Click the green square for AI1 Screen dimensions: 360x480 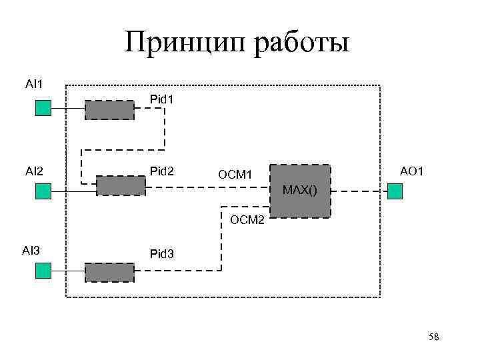(x=43, y=108)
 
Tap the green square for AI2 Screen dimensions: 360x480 (x=43, y=191)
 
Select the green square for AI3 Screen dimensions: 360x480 (x=43, y=270)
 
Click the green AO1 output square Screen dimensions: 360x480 (x=395, y=191)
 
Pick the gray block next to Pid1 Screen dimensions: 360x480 (x=109, y=109)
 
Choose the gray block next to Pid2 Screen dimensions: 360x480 (x=121, y=185)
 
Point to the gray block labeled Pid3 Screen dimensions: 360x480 (x=109, y=271)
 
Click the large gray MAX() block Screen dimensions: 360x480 (x=299, y=191)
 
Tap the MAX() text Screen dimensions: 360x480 (x=300, y=191)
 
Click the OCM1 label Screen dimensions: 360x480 (x=234, y=175)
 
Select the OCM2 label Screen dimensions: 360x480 (x=247, y=219)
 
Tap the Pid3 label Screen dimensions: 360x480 (x=162, y=254)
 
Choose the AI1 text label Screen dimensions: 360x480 (x=34, y=84)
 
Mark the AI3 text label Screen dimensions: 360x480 (x=31, y=251)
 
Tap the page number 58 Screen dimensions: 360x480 (x=433, y=337)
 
